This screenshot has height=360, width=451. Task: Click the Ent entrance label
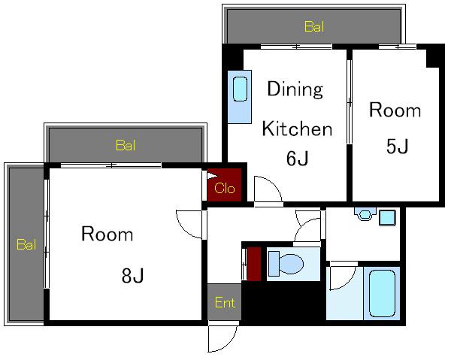click(225, 302)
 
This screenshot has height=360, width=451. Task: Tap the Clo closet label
click(224, 189)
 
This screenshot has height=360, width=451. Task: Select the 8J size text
click(132, 276)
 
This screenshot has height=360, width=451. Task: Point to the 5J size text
click(397, 146)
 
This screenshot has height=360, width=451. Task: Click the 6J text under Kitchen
click(297, 158)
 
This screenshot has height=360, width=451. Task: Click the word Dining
click(295, 89)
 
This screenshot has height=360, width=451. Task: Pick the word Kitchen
click(297, 129)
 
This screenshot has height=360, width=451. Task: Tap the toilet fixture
click(286, 263)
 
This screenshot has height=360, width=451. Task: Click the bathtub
click(382, 293)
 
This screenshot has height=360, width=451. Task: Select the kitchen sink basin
click(240, 89)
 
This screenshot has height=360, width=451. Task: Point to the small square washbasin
click(387, 218)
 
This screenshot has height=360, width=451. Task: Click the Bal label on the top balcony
click(314, 27)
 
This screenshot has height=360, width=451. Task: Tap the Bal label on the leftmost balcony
click(26, 244)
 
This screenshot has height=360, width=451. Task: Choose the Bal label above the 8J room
click(126, 145)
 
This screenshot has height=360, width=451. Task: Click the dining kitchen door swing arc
click(274, 184)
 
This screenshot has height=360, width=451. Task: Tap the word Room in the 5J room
click(395, 110)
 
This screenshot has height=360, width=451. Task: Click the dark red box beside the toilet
click(254, 264)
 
